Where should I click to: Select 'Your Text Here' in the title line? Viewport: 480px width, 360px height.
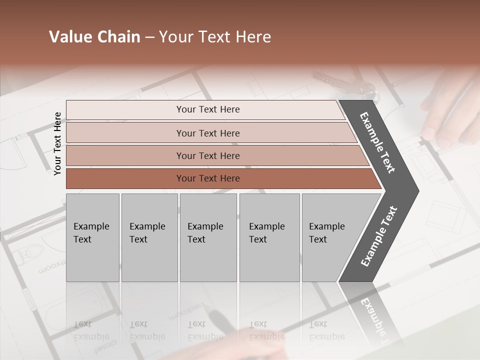tap(215, 37)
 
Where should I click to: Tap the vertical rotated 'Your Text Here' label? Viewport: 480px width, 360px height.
tap(57, 143)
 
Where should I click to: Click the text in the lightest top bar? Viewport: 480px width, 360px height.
tap(208, 109)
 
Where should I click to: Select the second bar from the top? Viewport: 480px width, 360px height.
tap(208, 133)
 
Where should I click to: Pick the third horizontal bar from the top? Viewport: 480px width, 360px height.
tap(208, 155)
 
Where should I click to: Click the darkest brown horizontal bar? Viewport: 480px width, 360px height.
tap(208, 178)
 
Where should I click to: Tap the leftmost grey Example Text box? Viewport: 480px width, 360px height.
tap(92, 237)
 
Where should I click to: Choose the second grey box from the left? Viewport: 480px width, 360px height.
tap(149, 237)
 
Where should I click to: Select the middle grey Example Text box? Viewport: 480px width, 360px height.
tap(208, 237)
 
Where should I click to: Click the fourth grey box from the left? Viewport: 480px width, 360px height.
tap(269, 237)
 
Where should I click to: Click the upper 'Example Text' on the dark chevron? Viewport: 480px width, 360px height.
tap(378, 142)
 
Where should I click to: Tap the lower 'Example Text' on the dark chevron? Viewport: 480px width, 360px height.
tap(379, 236)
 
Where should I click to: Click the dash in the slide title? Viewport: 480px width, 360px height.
tap(149, 37)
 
